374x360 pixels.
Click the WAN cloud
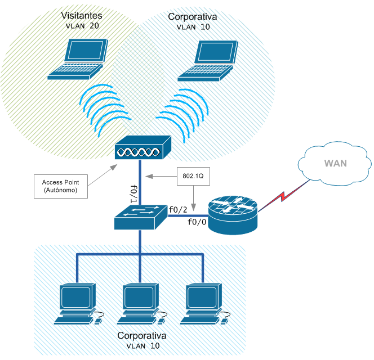pyautogui.click(x=335, y=164)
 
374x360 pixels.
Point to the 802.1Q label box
pyautogui.click(x=193, y=175)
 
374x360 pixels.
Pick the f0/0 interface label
pyautogui.click(x=197, y=222)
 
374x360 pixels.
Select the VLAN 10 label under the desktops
pyautogui.click(x=142, y=346)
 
